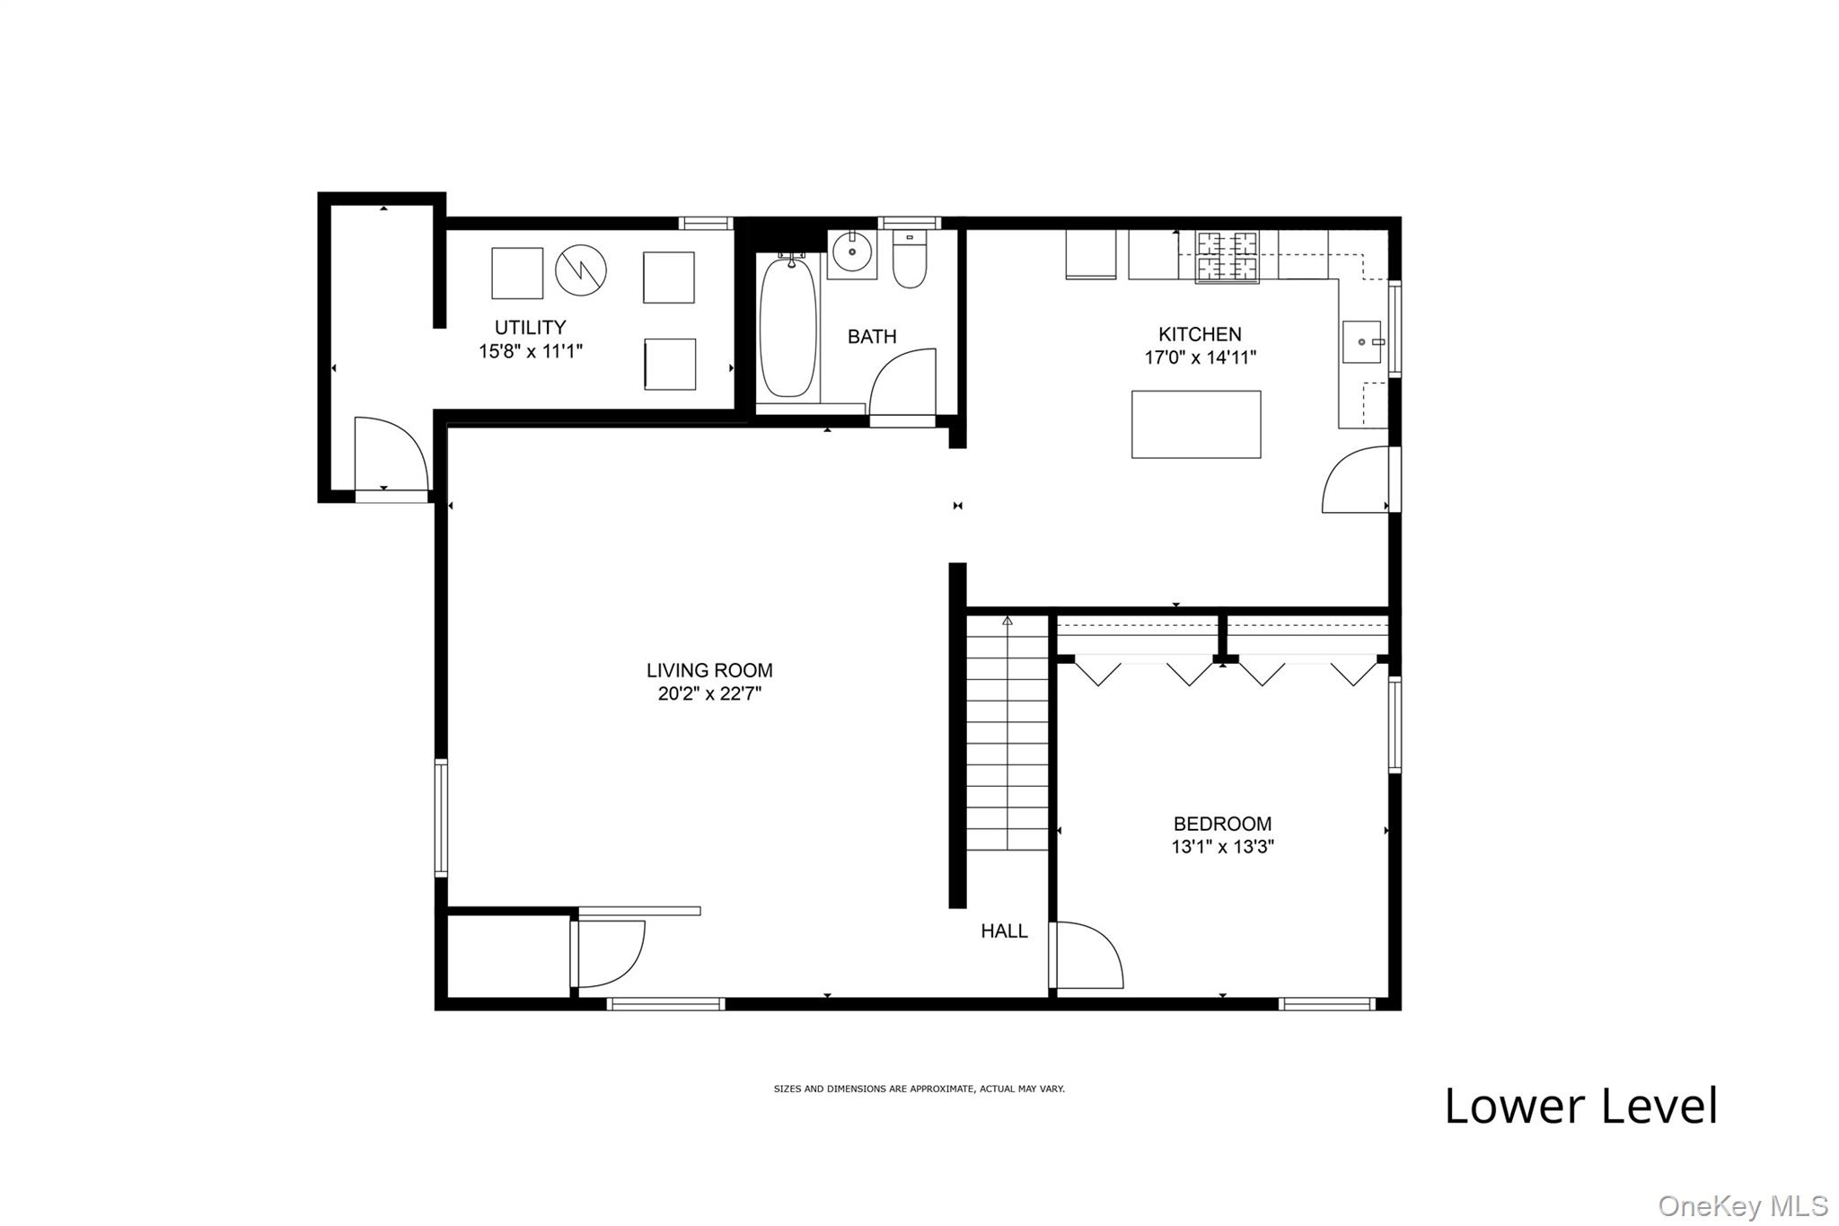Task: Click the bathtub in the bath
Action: point(788,328)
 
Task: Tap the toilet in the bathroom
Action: point(910,259)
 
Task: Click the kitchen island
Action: point(1196,424)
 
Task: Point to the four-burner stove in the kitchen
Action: point(1227,257)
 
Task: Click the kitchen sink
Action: point(1362,342)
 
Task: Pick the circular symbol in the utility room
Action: point(581,269)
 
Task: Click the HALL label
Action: point(1004,931)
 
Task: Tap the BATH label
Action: point(872,337)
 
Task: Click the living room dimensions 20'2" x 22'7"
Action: point(709,693)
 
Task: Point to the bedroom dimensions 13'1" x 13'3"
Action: point(1223,846)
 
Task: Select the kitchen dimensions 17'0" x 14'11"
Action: point(1200,357)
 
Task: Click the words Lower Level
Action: point(1581,1106)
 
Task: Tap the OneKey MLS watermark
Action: point(1743,1205)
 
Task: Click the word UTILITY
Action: point(531,328)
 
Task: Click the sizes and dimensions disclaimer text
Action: point(919,1089)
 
